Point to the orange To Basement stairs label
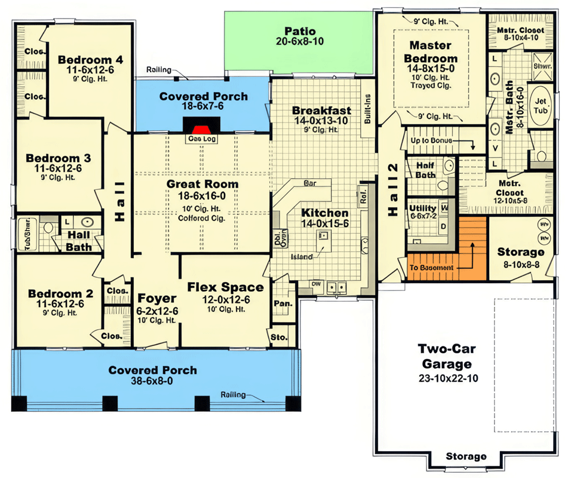[431, 268]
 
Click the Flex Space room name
[225, 287]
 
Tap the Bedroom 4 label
[90, 60]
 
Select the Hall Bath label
[79, 241]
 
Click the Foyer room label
[157, 298]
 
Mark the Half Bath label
[425, 170]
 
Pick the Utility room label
[423, 208]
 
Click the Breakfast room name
[321, 111]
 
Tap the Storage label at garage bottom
[466, 456]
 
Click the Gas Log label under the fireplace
[202, 139]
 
